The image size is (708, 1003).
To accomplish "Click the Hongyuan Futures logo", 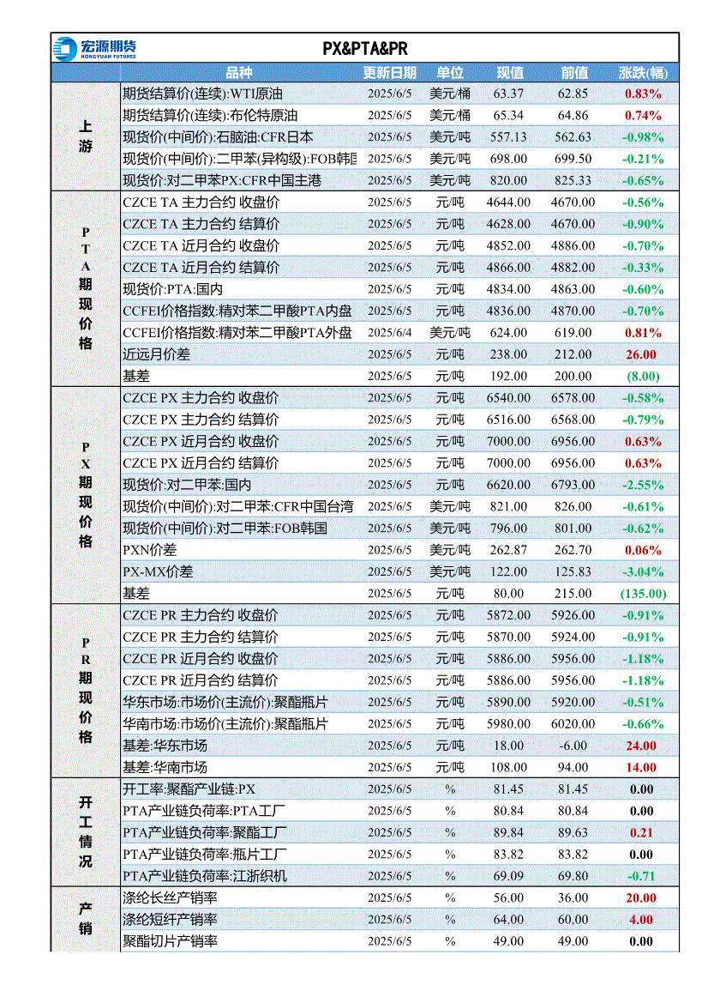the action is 94,49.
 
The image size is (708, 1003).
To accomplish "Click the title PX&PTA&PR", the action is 365,49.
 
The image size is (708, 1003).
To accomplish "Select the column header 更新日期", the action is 390,73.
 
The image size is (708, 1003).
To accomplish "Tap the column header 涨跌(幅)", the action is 643,73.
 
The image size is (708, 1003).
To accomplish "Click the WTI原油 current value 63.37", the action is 508,94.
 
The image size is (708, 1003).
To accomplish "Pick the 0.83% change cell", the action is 643,94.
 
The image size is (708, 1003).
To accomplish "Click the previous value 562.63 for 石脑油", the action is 573,137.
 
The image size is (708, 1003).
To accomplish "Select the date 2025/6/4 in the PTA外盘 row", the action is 390,333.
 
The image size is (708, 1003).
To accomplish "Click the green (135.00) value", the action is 644,595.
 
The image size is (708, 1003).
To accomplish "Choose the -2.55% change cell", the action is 643,486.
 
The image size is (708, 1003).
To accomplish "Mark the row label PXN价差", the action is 149,551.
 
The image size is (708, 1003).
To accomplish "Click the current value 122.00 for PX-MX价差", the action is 508,572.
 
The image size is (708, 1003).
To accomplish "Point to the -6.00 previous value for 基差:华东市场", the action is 573,746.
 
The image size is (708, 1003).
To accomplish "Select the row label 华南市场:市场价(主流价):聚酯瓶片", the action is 225,725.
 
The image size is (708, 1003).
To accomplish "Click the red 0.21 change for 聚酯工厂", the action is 641,833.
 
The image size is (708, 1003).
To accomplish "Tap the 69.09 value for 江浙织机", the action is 508,877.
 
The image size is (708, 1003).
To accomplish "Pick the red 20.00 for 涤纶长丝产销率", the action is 641,898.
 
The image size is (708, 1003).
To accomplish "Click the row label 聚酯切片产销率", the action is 170,942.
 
